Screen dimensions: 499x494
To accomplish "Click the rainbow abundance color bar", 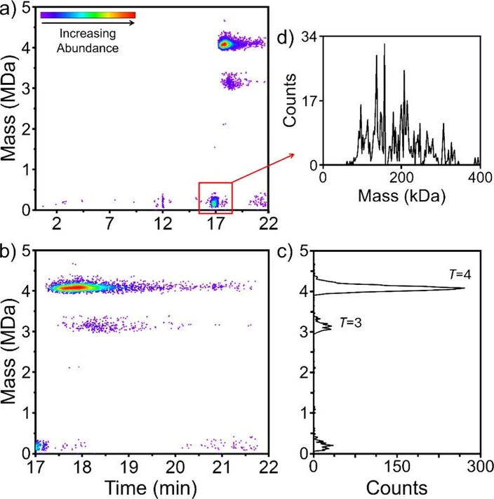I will point(88,15).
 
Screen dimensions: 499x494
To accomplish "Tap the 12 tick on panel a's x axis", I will point(163,222).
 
